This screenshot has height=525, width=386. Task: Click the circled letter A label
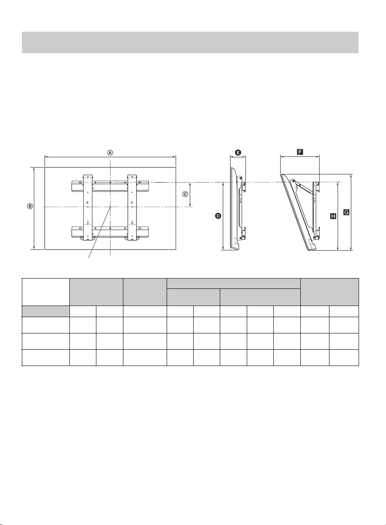click(x=110, y=153)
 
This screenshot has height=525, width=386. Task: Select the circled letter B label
click(x=30, y=206)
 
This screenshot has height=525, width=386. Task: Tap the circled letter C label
click(x=185, y=194)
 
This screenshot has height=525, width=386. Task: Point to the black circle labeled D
click(x=218, y=216)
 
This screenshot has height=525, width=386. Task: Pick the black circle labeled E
click(x=238, y=153)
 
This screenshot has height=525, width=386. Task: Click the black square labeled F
click(x=300, y=152)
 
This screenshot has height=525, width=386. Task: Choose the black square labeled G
click(x=346, y=213)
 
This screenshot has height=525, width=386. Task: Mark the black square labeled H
click(x=333, y=216)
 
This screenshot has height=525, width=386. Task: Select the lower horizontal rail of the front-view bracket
click(x=110, y=231)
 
